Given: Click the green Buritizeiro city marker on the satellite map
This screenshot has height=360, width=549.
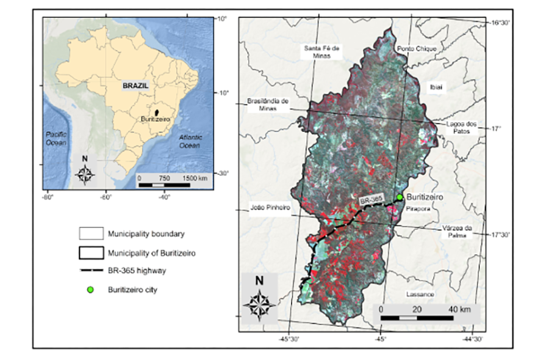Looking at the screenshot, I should pos(400,197).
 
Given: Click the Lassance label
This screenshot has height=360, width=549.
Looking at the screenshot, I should pos(420,294).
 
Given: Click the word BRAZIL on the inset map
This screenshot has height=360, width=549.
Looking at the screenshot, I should pos(135,86).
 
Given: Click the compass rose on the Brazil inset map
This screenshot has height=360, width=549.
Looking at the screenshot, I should pos(85,174).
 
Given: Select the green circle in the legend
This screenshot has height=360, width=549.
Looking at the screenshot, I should pos(90,290).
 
